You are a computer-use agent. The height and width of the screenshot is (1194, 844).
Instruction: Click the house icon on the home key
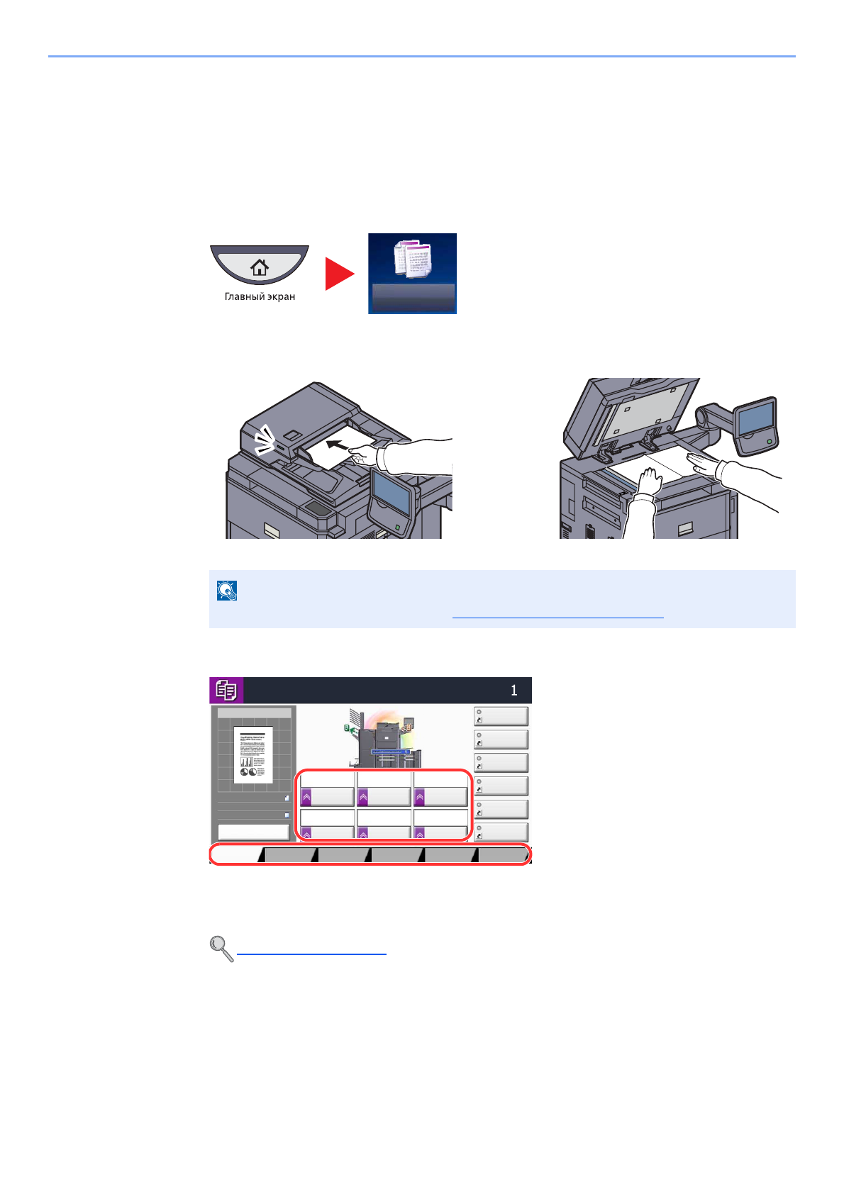(x=260, y=267)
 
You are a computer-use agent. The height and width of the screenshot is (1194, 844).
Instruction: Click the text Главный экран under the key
(x=260, y=296)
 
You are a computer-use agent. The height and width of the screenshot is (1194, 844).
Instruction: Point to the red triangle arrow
(x=338, y=274)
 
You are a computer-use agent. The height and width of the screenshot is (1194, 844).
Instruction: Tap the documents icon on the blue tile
(x=413, y=259)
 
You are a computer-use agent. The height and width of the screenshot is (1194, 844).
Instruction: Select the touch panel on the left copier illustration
(x=392, y=493)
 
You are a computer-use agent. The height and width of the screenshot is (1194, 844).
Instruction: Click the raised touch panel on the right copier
(x=755, y=423)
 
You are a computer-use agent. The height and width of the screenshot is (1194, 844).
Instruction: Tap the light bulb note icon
(x=227, y=591)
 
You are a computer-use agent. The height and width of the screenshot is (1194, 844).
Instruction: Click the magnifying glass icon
(x=221, y=948)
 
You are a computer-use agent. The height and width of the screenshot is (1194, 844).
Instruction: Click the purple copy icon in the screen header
(x=226, y=690)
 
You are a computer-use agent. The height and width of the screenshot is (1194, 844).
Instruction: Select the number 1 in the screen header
(x=514, y=690)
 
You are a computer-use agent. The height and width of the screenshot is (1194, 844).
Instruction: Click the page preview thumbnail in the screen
(x=253, y=754)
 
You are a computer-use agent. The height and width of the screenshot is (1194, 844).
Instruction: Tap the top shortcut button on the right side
(x=501, y=716)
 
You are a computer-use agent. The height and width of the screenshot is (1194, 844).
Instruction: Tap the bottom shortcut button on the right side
(x=501, y=832)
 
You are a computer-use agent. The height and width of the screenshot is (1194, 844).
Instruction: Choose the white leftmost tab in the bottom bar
(x=236, y=855)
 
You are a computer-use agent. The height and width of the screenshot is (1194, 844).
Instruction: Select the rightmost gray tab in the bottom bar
(x=503, y=855)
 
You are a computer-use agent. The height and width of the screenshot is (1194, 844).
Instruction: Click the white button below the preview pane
(x=253, y=832)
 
